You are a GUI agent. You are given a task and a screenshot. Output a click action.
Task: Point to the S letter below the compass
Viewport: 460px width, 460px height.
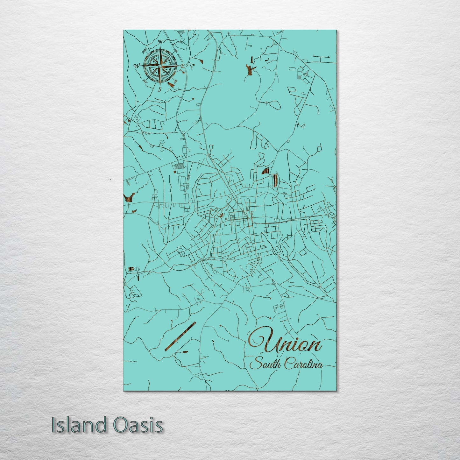pyautogui.click(x=160, y=89)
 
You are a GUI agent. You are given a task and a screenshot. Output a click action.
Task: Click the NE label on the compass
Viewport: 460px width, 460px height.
pyautogui.click(x=175, y=50)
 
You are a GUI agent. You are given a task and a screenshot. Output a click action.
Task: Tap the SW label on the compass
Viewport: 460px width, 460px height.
pyautogui.click(x=145, y=81)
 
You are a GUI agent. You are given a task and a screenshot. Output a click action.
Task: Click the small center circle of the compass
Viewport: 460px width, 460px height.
pyautogui.click(x=160, y=66)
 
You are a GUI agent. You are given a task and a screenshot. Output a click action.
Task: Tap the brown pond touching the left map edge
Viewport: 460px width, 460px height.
pyautogui.click(x=129, y=197)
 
